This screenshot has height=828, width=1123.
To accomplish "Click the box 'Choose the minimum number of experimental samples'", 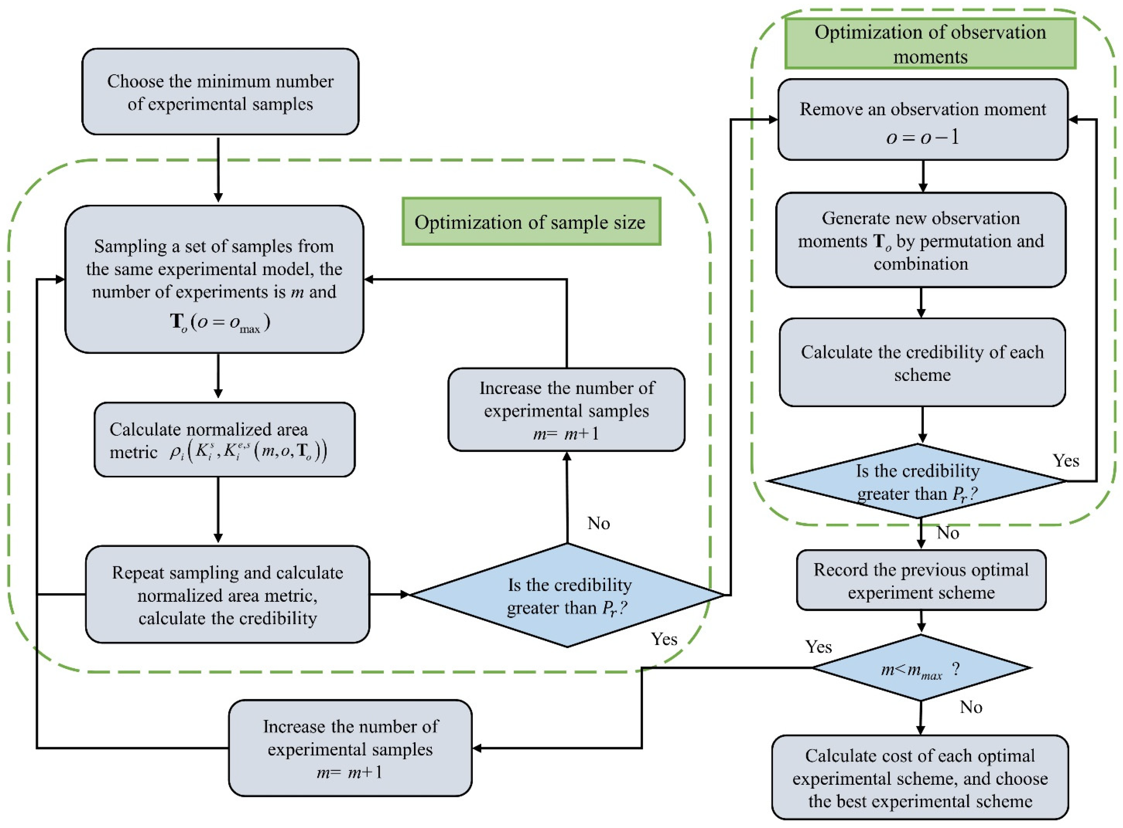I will pos(220,92).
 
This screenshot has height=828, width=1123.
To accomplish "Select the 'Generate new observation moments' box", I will pos(921,241).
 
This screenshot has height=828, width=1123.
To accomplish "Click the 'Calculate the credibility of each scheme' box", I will pos(922,363).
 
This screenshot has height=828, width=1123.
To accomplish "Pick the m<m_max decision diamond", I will pos(921,669).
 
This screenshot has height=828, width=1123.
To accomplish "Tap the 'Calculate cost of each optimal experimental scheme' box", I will pos(920,778).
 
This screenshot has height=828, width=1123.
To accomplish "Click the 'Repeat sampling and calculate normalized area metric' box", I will pos(227,595).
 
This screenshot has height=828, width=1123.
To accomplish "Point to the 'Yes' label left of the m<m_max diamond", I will pos(818,647).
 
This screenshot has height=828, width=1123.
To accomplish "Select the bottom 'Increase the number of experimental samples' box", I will pos(350,749).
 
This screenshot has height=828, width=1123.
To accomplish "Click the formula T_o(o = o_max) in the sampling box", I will pos(220,322).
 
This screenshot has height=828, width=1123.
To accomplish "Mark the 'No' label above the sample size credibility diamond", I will pos(598,523).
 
